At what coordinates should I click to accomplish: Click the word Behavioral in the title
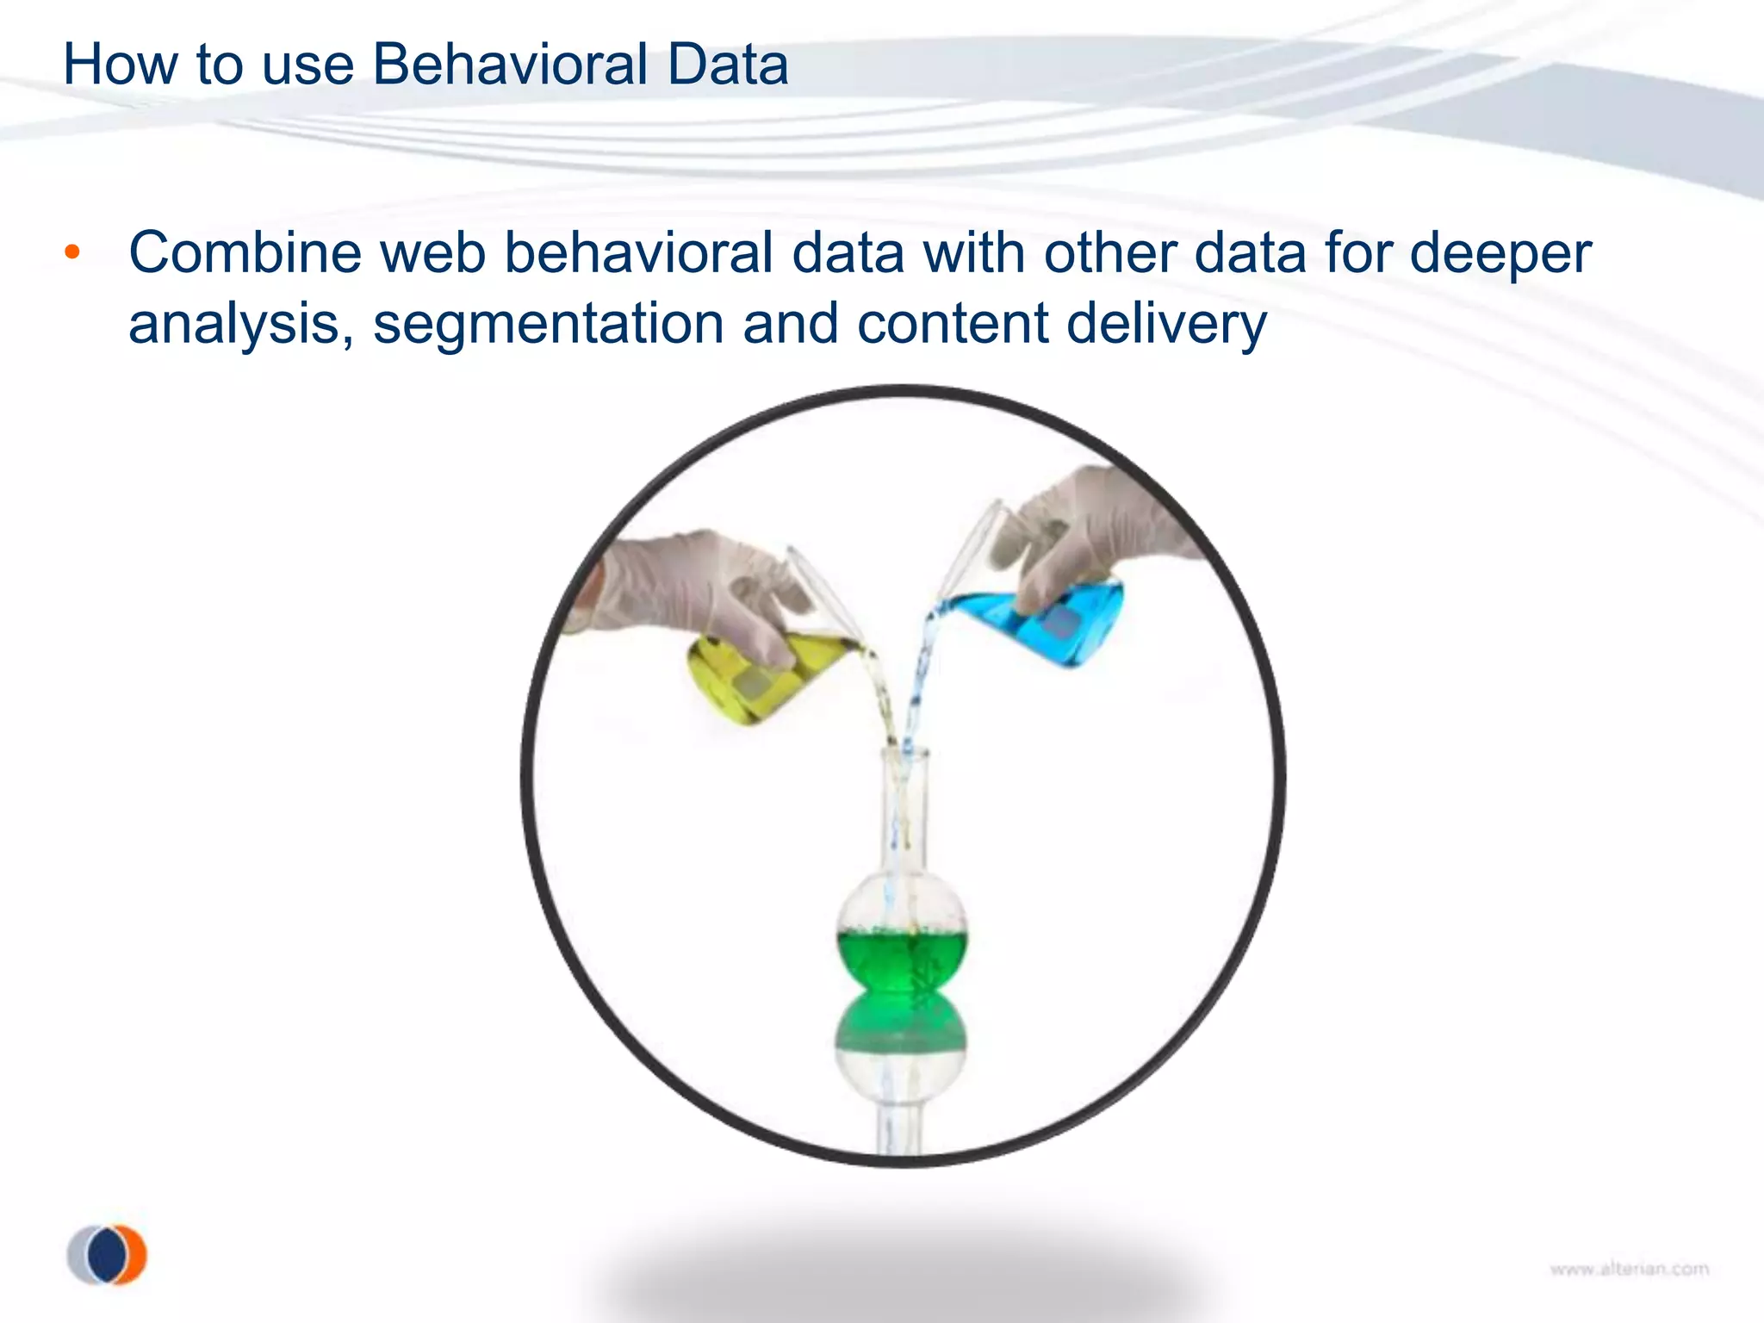point(510,65)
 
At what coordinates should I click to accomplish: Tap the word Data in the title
point(727,65)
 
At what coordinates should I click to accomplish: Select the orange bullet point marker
point(73,253)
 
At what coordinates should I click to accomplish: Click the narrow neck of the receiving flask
point(904,810)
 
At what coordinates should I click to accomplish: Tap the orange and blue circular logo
point(108,1255)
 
